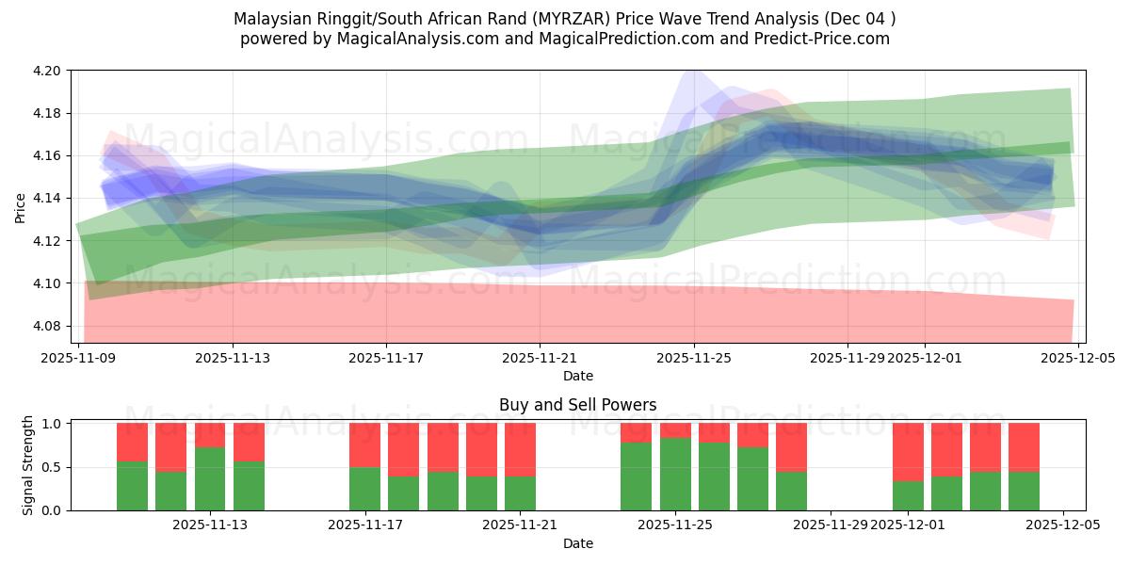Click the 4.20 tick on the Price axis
[x=48, y=71]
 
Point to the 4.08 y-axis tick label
[x=48, y=326]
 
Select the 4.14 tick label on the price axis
[x=48, y=199]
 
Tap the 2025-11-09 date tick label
[x=79, y=358]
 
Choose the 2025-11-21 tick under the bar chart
[x=520, y=525]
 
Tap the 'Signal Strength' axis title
[x=28, y=465]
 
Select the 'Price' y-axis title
[x=21, y=206]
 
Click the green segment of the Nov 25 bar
[x=675, y=475]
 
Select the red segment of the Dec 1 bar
[x=908, y=452]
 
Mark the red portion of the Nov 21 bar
[x=520, y=449]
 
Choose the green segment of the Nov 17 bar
[x=364, y=489]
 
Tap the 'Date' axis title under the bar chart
[x=577, y=543]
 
